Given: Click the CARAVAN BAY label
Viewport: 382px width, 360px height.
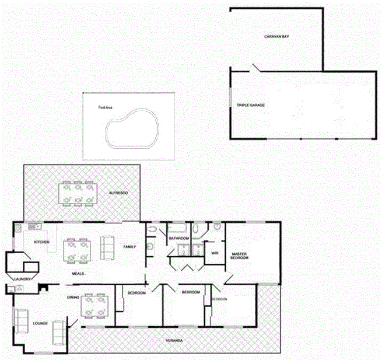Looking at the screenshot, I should (277, 36).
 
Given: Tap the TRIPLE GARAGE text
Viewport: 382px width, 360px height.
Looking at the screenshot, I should (250, 105).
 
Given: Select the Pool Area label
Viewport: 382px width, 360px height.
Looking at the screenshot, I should (106, 107).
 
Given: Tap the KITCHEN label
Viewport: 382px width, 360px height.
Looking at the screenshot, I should (41, 242).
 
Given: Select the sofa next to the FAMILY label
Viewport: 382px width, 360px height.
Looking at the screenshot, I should (107, 247).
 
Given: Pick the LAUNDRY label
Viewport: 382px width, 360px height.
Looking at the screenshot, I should (23, 279).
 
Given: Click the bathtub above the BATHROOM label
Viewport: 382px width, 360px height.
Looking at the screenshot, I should (178, 228).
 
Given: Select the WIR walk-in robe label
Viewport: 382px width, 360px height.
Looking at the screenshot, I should (214, 253).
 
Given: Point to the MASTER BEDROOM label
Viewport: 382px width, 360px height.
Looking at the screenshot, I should (240, 256).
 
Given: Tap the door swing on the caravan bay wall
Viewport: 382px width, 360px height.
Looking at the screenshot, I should (255, 68).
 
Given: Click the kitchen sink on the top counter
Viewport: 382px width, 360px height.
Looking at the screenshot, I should (31, 225).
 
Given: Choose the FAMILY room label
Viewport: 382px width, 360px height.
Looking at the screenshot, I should (129, 247).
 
